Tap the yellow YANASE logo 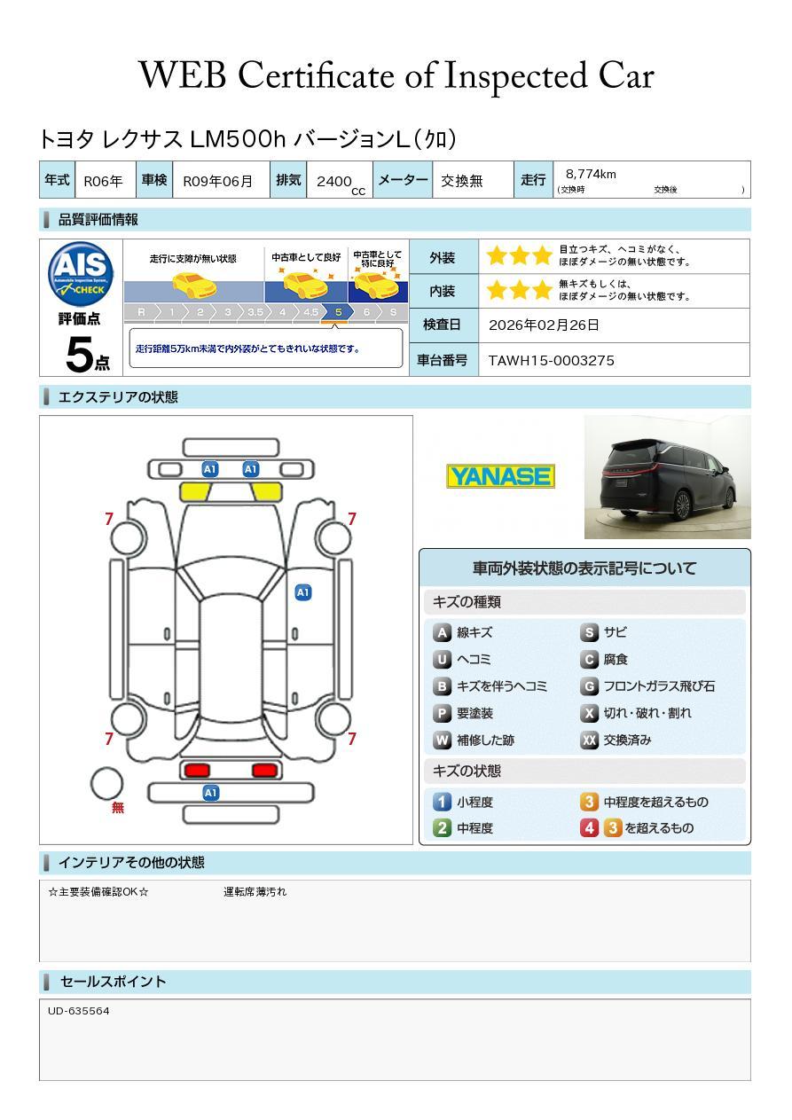[x=500, y=476]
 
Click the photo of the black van [x=667, y=477]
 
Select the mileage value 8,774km [x=591, y=174]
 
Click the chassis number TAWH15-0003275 [x=551, y=360]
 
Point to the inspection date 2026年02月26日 [x=544, y=325]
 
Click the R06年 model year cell [x=103, y=181]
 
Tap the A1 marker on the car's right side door [x=302, y=592]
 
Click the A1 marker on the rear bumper [x=210, y=793]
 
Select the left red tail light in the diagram [x=194, y=770]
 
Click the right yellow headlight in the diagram [x=266, y=492]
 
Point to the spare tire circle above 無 [x=106, y=783]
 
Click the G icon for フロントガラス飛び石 [x=589, y=686]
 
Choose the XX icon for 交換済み [x=589, y=740]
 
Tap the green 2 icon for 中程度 [x=442, y=827]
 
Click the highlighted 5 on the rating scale [x=338, y=312]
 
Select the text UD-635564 [x=79, y=1011]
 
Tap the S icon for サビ [x=589, y=632]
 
